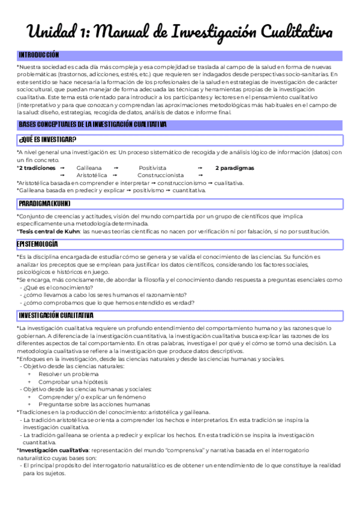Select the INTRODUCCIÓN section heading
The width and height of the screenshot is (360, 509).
(x=39, y=55)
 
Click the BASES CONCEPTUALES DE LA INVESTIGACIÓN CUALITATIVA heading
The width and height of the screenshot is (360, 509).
(x=92, y=124)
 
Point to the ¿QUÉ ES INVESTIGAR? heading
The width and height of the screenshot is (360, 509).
(x=47, y=140)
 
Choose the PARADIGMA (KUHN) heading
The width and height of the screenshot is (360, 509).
(x=45, y=203)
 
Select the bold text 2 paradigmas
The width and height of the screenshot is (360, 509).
(x=235, y=168)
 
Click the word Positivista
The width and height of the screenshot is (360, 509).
(x=152, y=168)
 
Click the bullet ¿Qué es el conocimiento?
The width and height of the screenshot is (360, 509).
(x=53, y=287)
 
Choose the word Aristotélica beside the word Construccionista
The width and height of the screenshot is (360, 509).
(x=92, y=175)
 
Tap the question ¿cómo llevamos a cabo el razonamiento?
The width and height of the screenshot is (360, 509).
(x=105, y=295)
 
